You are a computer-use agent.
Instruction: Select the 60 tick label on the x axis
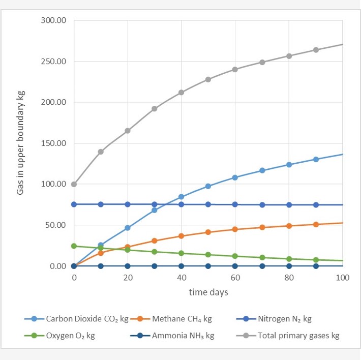(235, 278)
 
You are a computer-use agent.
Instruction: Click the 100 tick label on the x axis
(342, 278)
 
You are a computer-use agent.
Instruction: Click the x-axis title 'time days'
(208, 292)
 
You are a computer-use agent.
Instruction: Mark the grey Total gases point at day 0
(74, 184)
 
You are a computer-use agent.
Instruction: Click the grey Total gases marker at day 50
(208, 79)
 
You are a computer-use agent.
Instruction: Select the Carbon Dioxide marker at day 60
(235, 177)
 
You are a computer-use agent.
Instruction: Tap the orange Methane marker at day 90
(316, 224)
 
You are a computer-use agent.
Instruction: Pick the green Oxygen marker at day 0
(74, 246)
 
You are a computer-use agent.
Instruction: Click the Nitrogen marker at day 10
(101, 204)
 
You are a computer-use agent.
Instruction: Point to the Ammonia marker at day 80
(289, 266)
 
